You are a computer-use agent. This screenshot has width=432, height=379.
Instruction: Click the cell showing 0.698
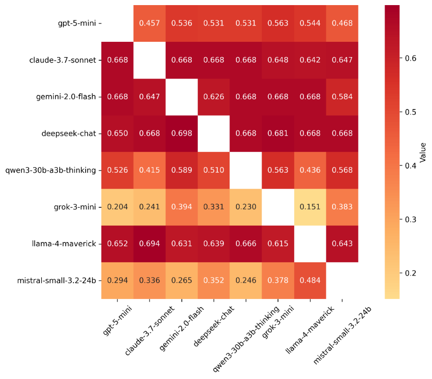click(x=182, y=133)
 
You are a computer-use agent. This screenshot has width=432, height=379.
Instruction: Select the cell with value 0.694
click(x=150, y=243)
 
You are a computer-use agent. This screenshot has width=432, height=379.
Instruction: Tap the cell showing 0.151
click(x=310, y=207)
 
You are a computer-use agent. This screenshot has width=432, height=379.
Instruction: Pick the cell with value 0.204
click(x=118, y=207)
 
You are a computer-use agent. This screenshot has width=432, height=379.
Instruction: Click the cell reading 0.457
click(x=150, y=23)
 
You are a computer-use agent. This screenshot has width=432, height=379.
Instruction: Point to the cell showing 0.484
click(x=310, y=280)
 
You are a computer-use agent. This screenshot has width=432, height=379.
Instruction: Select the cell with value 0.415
click(x=150, y=170)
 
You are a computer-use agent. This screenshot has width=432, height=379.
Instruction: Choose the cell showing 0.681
click(x=277, y=133)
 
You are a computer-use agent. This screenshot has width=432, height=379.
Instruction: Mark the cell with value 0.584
click(x=341, y=97)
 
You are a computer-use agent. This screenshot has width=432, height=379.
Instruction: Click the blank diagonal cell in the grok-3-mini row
click(x=277, y=207)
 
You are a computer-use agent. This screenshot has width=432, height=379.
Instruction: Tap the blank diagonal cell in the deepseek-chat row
click(x=214, y=133)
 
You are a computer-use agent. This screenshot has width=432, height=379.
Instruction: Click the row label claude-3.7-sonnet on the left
click(x=64, y=60)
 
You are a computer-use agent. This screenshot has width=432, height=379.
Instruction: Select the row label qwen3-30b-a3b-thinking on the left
click(x=55, y=170)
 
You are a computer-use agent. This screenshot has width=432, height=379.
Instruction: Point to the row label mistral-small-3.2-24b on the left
click(x=57, y=280)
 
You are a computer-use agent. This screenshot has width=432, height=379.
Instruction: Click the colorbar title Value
click(x=423, y=152)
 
